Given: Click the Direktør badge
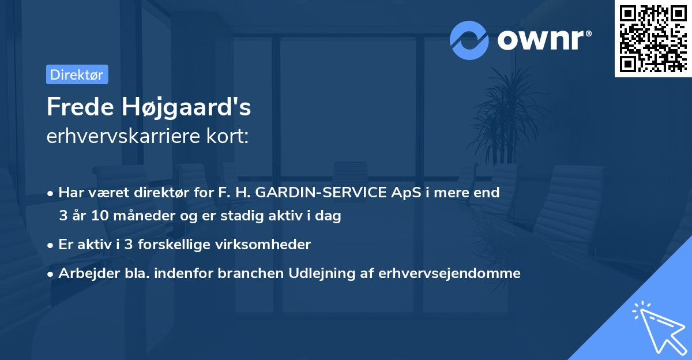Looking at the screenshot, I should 77,74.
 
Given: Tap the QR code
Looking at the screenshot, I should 653,38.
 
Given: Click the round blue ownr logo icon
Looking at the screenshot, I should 469,40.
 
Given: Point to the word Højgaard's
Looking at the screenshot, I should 186,108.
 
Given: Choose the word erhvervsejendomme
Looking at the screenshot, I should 449,273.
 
